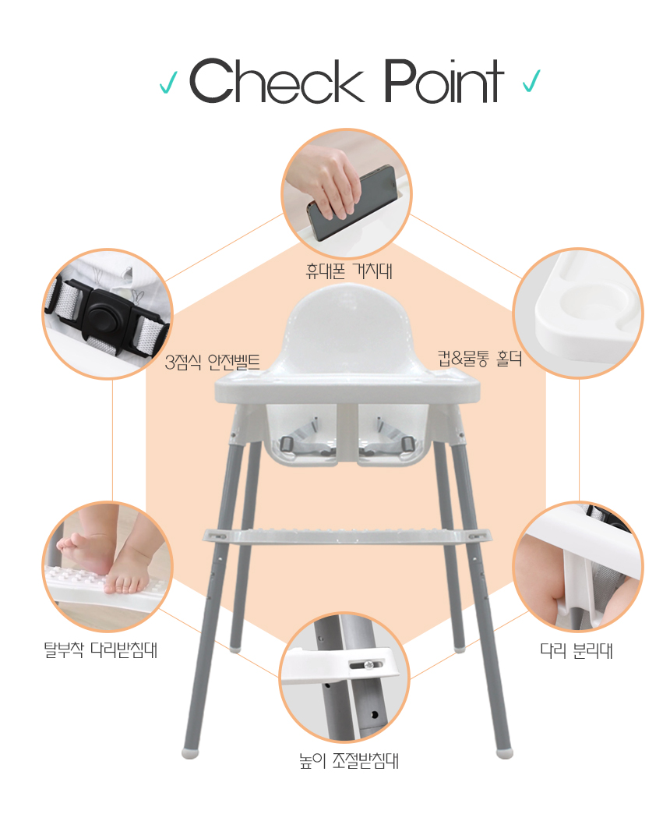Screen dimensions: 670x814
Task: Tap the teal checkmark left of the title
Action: pyautogui.click(x=168, y=82)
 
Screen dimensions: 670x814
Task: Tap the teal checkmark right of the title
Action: pyautogui.click(x=531, y=80)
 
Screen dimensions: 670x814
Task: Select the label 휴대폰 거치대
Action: pyautogui.click(x=349, y=271)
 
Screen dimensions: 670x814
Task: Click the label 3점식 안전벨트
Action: pyautogui.click(x=212, y=362)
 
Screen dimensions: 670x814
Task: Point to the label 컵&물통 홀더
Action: pyautogui.click(x=480, y=359)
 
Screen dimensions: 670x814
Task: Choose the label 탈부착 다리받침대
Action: pyautogui.click(x=100, y=650)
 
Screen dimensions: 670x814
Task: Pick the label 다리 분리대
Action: pyautogui.click(x=577, y=650)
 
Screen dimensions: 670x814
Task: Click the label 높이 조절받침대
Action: pyautogui.click(x=349, y=761)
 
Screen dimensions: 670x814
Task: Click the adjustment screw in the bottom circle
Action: pyautogui.click(x=369, y=664)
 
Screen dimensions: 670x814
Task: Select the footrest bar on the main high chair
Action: pyautogui.click(x=347, y=535)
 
